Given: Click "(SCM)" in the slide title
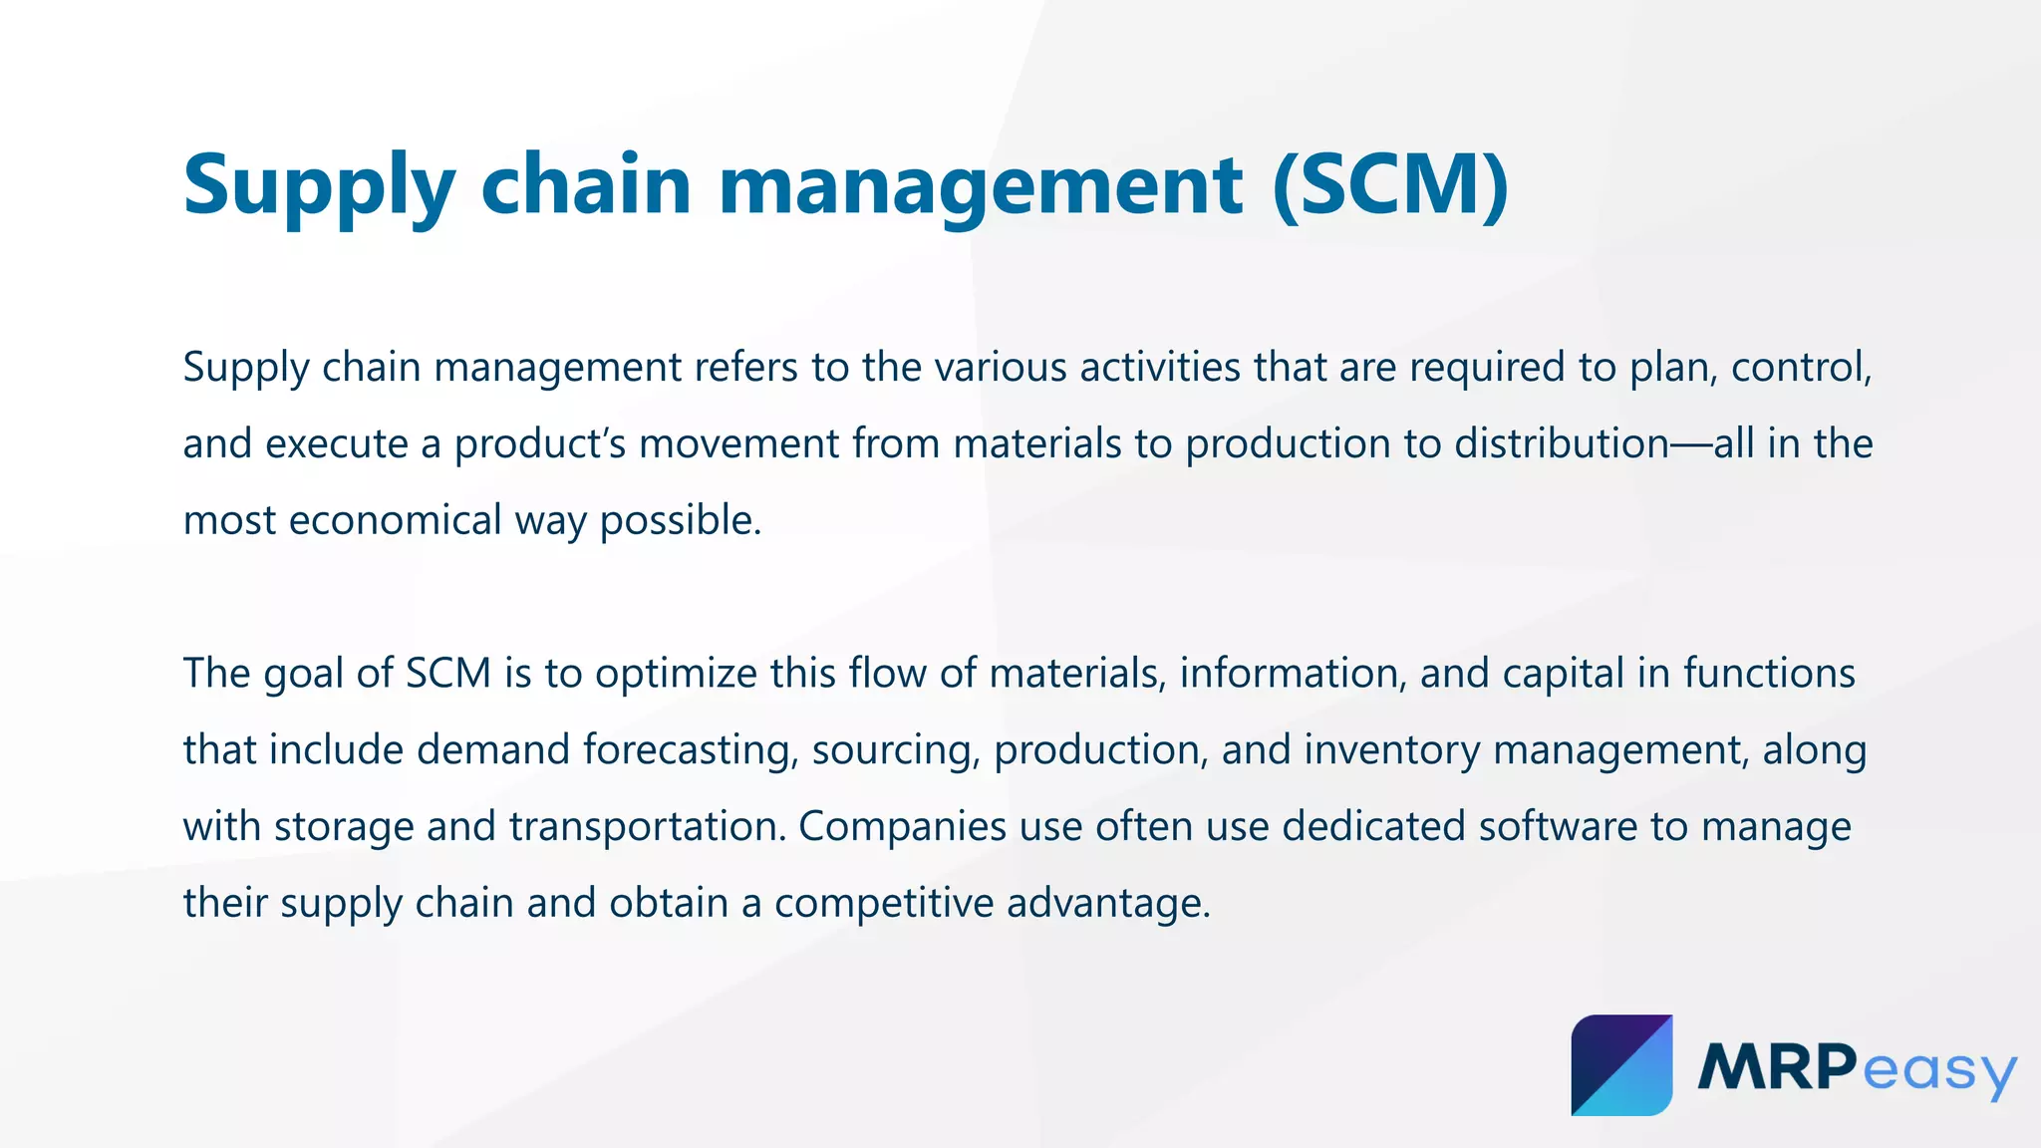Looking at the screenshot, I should pyautogui.click(x=1390, y=185).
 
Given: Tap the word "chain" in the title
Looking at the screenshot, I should pyautogui.click(x=586, y=185).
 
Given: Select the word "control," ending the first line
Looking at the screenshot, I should pyautogui.click(x=1802, y=368).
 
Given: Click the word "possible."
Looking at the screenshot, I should pyautogui.click(x=681, y=521).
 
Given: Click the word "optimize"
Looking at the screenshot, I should pyautogui.click(x=677, y=674).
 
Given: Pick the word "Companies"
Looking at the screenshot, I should pyautogui.click(x=902, y=827).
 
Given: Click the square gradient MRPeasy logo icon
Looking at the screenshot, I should pyautogui.click(x=1621, y=1065).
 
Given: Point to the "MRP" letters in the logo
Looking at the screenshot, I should pyautogui.click(x=1777, y=1067).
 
